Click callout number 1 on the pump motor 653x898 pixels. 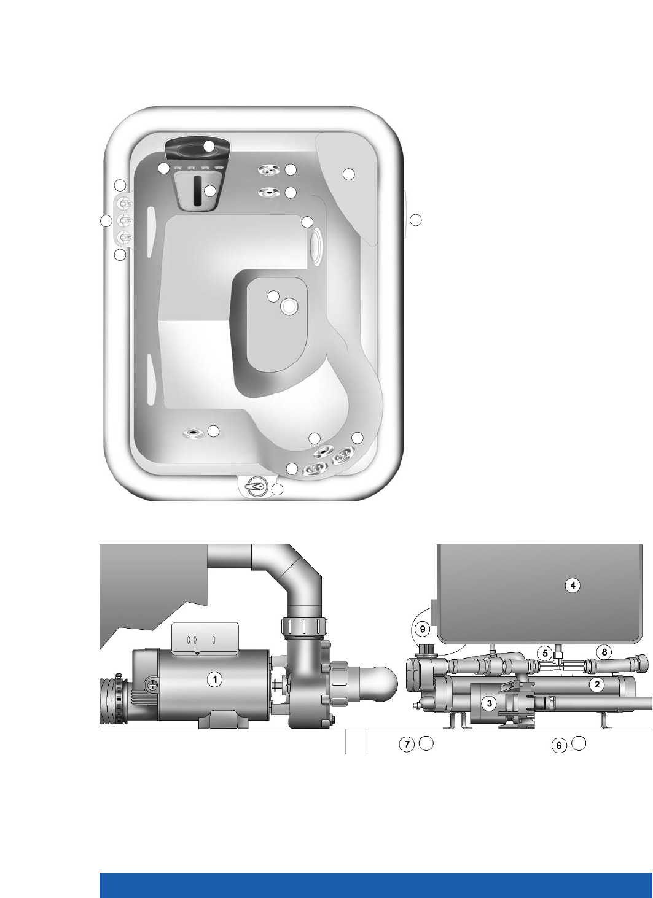coord(215,679)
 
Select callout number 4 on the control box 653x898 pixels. coord(573,586)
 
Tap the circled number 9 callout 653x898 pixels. coord(423,629)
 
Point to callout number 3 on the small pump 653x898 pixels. coord(489,703)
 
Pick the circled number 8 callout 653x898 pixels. coord(604,652)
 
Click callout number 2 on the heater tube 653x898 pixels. coord(597,684)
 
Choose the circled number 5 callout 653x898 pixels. coord(545,654)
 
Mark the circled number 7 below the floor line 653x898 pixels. coord(407,745)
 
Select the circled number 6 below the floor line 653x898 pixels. coord(559,746)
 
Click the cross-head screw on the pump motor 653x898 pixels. coord(152,685)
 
